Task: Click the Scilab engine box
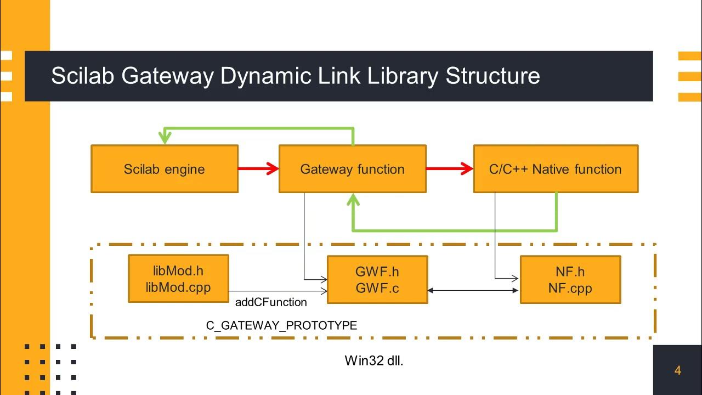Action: pos(164,169)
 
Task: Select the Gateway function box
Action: pos(352,169)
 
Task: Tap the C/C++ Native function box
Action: pos(555,169)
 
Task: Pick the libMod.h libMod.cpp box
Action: pos(178,279)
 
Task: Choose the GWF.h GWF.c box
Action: pos(377,279)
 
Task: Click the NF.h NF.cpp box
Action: pos(570,279)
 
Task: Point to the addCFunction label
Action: pos(271,302)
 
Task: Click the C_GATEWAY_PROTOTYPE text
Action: pos(281,325)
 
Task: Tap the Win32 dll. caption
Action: pos(374,360)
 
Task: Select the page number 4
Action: pos(677,371)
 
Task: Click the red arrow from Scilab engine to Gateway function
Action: pos(258,169)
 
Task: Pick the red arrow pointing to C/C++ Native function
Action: pos(449,169)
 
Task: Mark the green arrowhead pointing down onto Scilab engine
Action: pos(165,138)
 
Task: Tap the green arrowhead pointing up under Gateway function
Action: pos(353,200)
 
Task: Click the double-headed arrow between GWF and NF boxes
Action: pos(473,290)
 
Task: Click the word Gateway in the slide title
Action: pos(167,76)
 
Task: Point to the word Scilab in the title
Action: pos(83,76)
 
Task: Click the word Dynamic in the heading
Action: pos(260,76)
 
